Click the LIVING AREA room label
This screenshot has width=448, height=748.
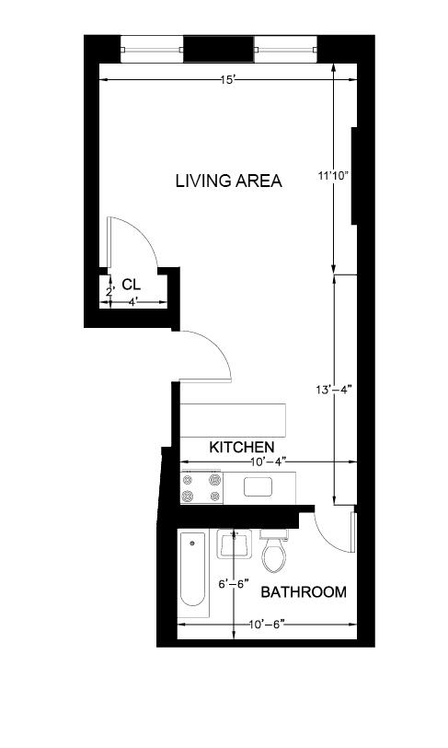click(228, 181)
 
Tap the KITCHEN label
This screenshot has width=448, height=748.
click(242, 447)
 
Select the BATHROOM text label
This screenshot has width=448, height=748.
click(304, 591)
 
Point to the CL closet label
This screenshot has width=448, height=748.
click(131, 284)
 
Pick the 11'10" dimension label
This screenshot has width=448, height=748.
click(335, 174)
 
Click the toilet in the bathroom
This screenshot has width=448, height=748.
click(273, 553)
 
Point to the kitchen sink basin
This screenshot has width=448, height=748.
click(257, 486)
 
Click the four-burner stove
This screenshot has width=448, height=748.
click(202, 487)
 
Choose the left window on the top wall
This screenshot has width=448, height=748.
click(152, 48)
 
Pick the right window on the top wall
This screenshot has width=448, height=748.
click(285, 48)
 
